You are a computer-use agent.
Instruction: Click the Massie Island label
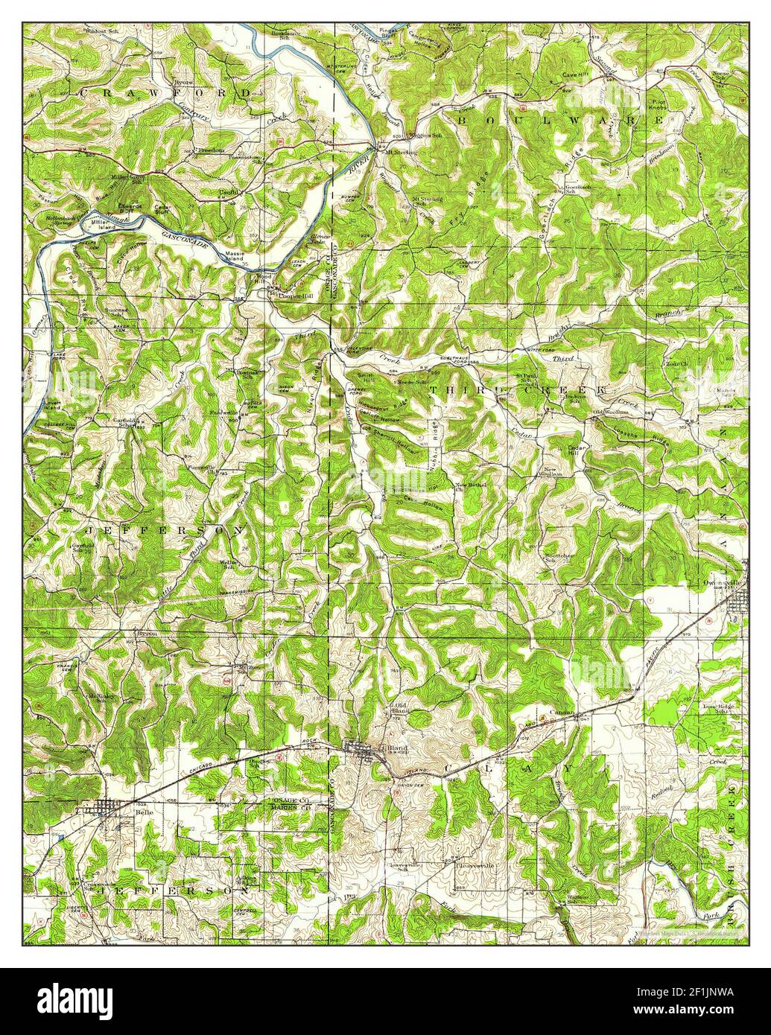238,257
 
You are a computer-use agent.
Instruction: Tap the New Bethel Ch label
471,488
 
